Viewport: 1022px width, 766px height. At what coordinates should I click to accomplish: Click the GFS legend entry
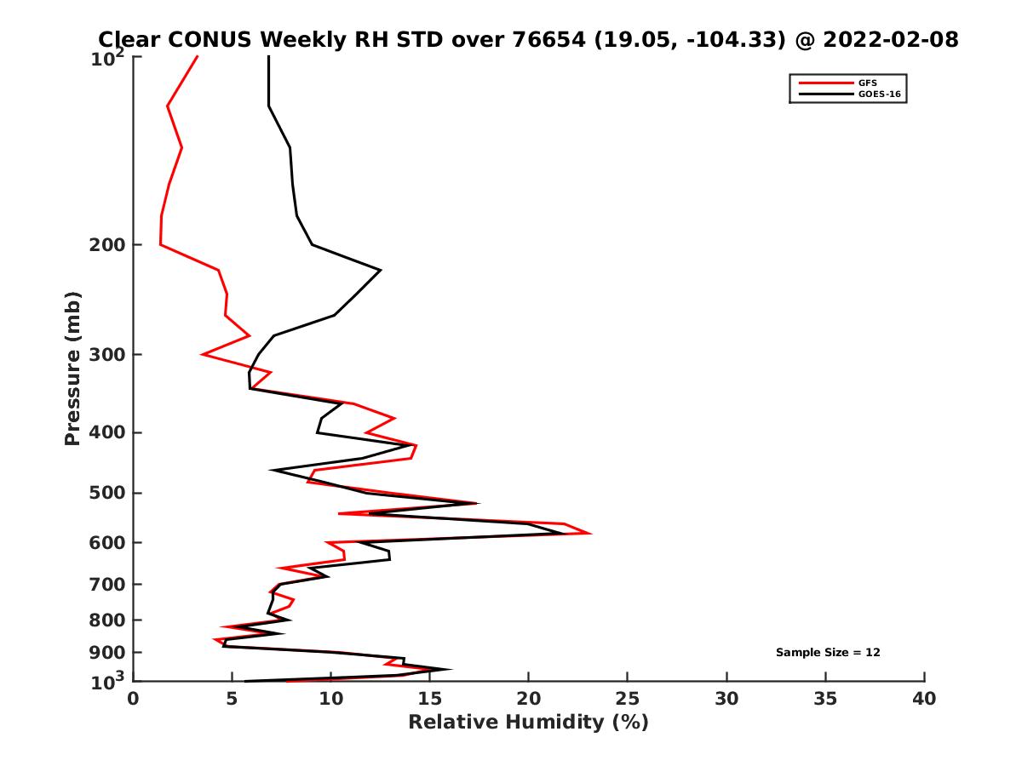(868, 83)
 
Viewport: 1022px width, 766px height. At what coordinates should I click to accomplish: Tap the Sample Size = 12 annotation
(827, 653)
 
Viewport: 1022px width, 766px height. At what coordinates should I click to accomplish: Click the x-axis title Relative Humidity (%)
(528, 723)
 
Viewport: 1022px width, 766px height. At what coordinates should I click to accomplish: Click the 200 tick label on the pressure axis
(108, 245)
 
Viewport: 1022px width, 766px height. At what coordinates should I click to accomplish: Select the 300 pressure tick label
(108, 355)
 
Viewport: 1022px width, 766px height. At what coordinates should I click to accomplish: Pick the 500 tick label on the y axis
(108, 493)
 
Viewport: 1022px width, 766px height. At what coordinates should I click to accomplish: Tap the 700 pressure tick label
(108, 584)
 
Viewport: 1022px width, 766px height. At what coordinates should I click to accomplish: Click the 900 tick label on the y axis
(108, 653)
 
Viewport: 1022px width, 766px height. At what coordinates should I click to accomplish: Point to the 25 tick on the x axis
(628, 699)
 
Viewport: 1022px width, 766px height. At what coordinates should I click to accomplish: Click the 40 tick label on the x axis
(924, 699)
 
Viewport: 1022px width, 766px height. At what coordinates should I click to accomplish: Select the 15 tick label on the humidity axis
(429, 699)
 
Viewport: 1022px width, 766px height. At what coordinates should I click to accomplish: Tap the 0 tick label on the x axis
(134, 699)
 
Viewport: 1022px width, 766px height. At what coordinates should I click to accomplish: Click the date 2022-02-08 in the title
(891, 39)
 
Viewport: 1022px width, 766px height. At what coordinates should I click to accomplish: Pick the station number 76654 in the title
(550, 39)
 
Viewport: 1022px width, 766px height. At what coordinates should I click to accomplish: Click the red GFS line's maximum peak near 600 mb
(590, 534)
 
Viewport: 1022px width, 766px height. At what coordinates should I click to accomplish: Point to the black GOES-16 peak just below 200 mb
(380, 270)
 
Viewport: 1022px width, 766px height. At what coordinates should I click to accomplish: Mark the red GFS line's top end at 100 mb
(198, 57)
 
